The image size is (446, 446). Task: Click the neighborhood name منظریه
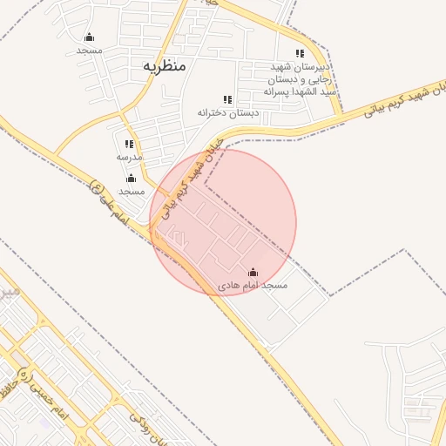point(164,66)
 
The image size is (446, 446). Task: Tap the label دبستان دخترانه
point(229,112)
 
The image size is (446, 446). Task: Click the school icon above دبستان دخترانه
point(227,100)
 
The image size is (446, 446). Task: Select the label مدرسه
point(129,157)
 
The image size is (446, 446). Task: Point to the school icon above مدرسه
point(129,145)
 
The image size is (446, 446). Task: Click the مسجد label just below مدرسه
point(131,190)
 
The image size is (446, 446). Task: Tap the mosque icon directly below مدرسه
point(131,178)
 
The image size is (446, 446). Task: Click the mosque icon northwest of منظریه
point(89,37)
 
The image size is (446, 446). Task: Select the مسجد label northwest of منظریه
point(90,50)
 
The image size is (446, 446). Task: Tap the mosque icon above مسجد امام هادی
point(253,272)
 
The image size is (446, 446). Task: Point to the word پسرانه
point(280,91)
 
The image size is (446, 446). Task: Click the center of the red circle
point(223,222)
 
